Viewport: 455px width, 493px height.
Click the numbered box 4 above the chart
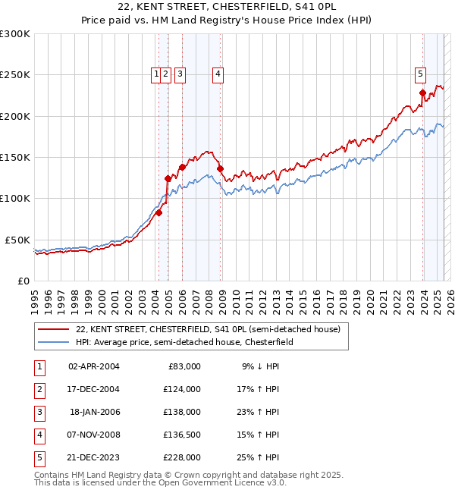tap(218, 74)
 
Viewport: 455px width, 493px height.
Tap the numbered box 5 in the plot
tap(420, 74)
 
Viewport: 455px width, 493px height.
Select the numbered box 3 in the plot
tap(180, 74)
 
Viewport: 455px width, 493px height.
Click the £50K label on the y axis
tap(17, 240)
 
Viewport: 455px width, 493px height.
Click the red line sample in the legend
tap(54, 330)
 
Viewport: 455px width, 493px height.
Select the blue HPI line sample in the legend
tap(54, 343)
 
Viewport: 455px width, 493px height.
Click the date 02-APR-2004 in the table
tap(94, 366)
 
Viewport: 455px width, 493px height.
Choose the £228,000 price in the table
tap(183, 457)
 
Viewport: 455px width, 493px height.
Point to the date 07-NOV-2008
tap(94, 435)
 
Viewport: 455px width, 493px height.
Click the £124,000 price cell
tap(183, 389)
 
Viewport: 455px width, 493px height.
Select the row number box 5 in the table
tap(37, 457)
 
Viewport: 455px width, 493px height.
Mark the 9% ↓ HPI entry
tap(260, 366)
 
